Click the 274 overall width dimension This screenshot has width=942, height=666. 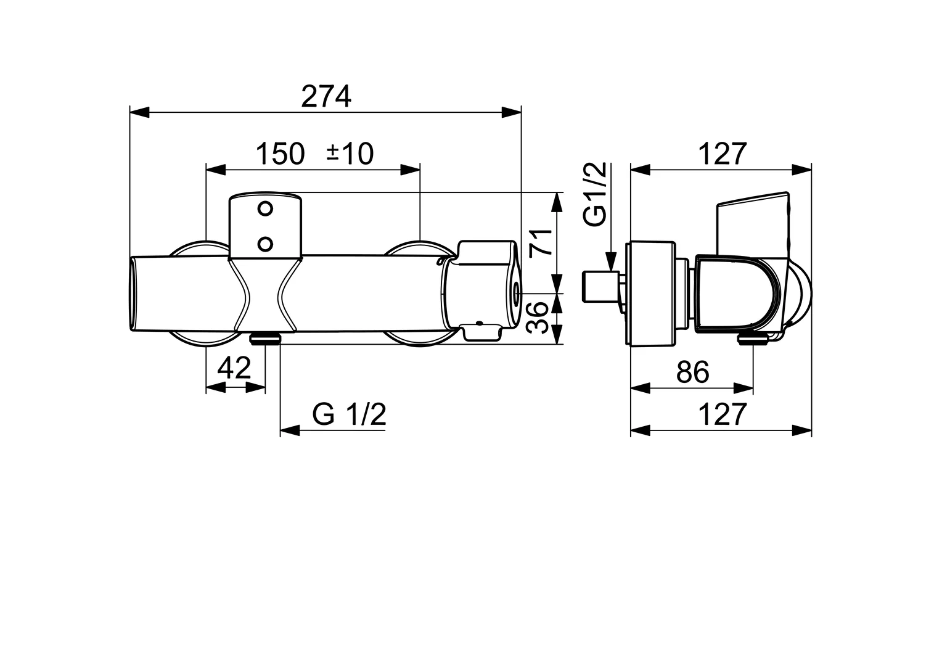click(326, 97)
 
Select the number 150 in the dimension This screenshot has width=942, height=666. click(280, 154)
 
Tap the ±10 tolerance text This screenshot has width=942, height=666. click(350, 154)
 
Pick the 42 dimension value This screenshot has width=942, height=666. click(235, 369)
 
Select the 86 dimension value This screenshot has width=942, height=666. click(692, 372)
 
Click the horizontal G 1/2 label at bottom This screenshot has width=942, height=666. click(349, 414)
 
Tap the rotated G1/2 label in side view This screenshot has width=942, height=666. click(596, 195)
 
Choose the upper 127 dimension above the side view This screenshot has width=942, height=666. click(722, 154)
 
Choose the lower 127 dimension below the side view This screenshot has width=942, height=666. click(722, 414)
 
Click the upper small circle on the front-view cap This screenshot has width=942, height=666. click(266, 208)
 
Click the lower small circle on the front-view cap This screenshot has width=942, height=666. click(266, 244)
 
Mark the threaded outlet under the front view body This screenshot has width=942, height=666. click(265, 338)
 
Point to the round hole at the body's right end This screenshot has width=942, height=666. click(515, 291)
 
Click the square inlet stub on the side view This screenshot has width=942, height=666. click(597, 287)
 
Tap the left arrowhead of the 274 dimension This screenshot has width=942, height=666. click(139, 112)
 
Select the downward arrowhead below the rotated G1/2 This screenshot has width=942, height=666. click(611, 261)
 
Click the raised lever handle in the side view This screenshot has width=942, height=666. click(752, 222)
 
